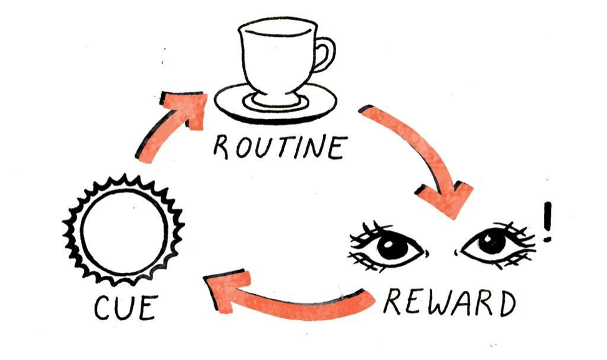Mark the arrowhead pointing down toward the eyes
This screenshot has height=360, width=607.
coord(452,199)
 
